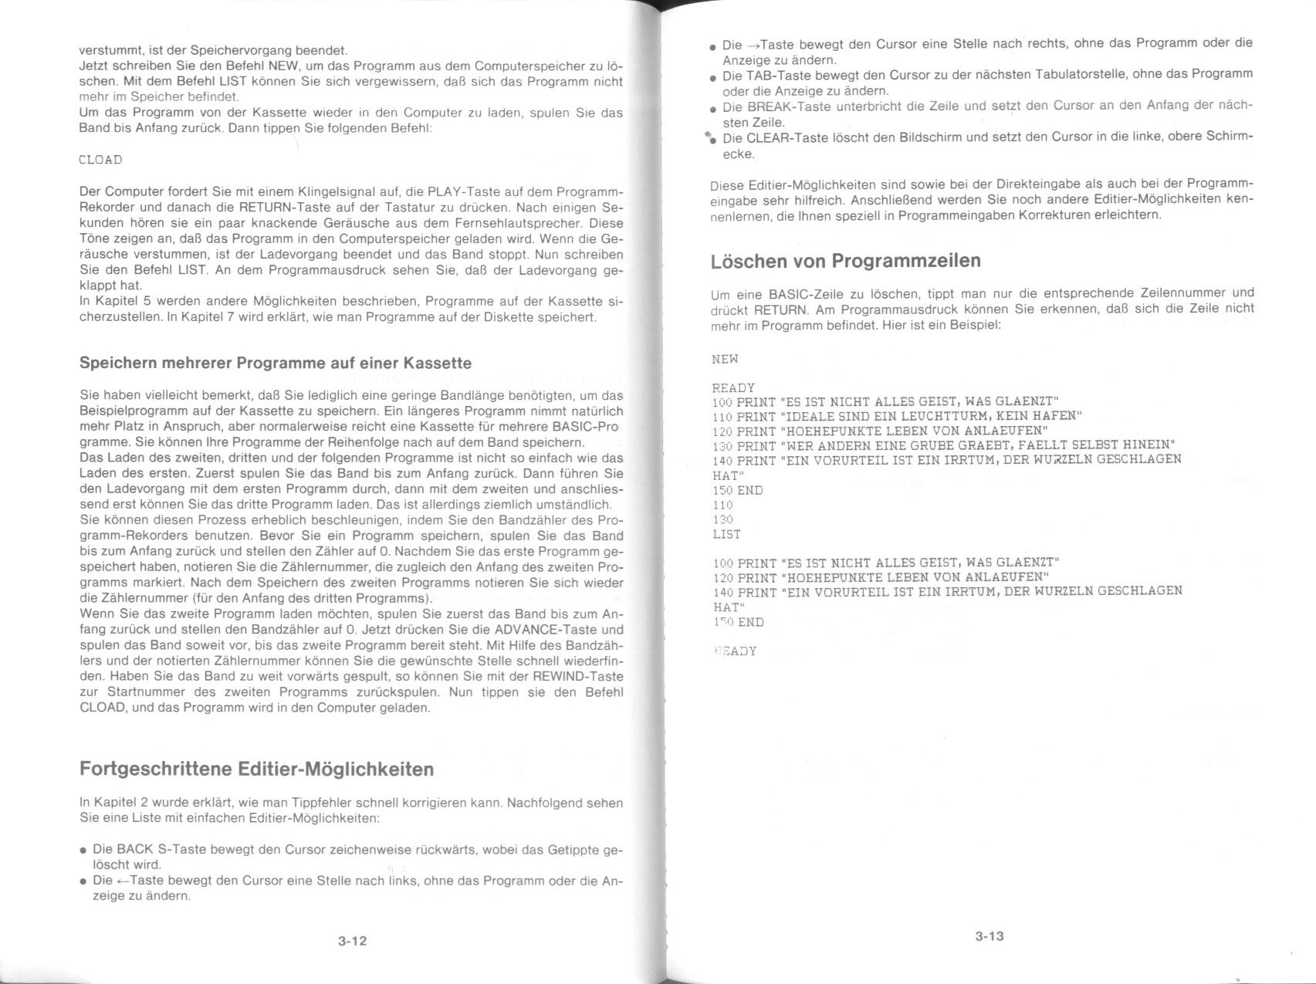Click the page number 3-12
pyautogui.click(x=352, y=941)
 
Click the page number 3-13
pyautogui.click(x=989, y=936)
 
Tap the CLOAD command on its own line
pyautogui.click(x=100, y=160)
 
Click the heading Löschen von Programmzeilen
pyautogui.click(x=845, y=261)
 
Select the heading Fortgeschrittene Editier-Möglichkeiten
pyautogui.click(x=256, y=769)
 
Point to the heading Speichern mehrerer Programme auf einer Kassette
pyautogui.click(x=275, y=363)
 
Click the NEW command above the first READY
pyautogui.click(x=725, y=359)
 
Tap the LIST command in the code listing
pyautogui.click(x=726, y=534)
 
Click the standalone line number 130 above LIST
pyautogui.click(x=722, y=519)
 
